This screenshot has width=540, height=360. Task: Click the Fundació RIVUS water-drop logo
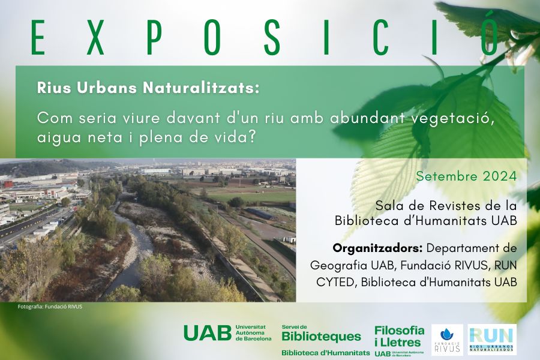(447, 340)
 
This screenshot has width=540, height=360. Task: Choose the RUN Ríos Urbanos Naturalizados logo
(492, 340)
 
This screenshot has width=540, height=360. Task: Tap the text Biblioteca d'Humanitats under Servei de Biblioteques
(325, 353)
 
